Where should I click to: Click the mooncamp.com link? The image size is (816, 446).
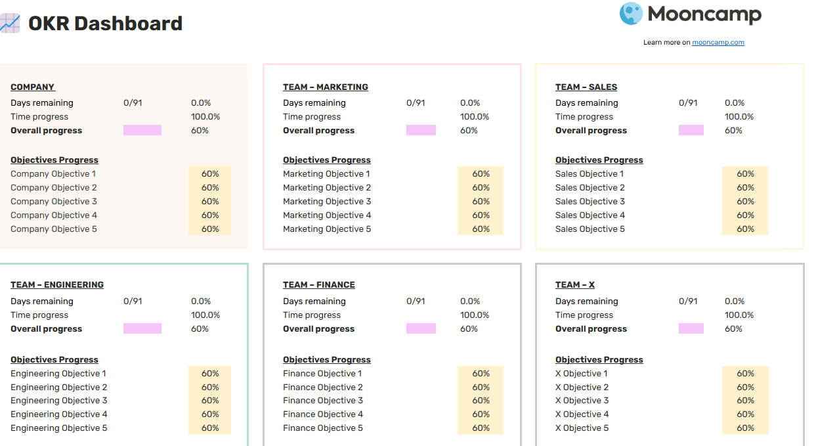pos(718,42)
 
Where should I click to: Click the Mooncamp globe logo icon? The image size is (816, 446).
pos(631,14)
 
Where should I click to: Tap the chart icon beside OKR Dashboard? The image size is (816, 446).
pos(10,23)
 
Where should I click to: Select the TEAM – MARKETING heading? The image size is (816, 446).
pos(326,87)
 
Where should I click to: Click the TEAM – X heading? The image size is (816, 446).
pos(575,284)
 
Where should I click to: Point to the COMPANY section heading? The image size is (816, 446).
pos(33,87)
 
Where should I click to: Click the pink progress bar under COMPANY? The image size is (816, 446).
pos(142,130)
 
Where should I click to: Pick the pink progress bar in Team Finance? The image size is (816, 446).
pos(421,328)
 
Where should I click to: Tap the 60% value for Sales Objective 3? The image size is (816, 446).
pos(745,201)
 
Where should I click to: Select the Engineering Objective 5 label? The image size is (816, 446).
pos(58,428)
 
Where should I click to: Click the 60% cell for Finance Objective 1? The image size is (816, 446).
pos(481,373)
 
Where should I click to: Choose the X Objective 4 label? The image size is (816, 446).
pos(582,414)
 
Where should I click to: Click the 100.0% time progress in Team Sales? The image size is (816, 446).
pos(739,117)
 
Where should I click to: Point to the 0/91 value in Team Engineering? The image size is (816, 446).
pos(133,301)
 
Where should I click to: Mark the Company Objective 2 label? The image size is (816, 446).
pos(54,187)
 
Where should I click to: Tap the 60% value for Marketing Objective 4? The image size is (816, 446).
pos(481,215)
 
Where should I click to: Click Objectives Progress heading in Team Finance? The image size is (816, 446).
pos(327,360)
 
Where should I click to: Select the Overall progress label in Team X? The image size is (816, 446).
pos(591,328)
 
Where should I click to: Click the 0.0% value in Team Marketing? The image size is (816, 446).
pos(470,102)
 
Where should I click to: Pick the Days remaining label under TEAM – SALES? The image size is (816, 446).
pos(586,102)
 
